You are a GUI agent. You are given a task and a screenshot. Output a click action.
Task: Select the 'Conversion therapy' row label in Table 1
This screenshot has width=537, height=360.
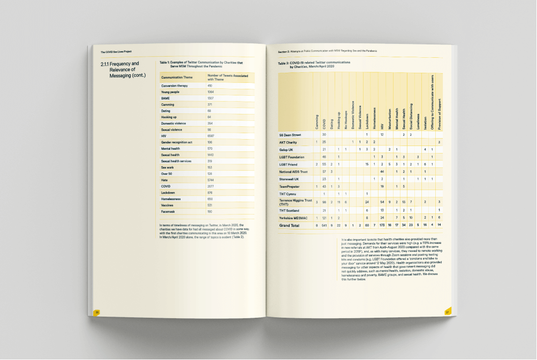pyautogui.click(x=173, y=86)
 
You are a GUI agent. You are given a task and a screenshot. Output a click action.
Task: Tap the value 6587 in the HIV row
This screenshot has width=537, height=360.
pyautogui.click(x=210, y=136)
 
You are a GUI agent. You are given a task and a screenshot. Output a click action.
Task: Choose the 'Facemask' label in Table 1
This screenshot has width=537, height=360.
pyautogui.click(x=169, y=212)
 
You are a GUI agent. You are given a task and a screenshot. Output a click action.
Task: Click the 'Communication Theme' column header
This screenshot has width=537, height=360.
pyautogui.click(x=177, y=78)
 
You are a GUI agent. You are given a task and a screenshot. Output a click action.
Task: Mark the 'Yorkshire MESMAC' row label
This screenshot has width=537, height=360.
pyautogui.click(x=294, y=218)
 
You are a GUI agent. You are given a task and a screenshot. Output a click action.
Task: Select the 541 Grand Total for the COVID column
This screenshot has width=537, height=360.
pyautogui.click(x=324, y=226)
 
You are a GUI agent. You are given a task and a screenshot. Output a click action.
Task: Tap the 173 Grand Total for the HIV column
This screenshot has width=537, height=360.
pyautogui.click(x=382, y=226)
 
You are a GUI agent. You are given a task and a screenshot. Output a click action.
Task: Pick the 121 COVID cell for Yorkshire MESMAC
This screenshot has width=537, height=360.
pyautogui.click(x=324, y=218)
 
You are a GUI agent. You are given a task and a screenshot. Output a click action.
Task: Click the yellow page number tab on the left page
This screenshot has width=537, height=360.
pyautogui.click(x=97, y=312)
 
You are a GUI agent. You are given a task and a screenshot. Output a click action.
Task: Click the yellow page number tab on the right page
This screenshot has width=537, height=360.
pyautogui.click(x=447, y=312)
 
